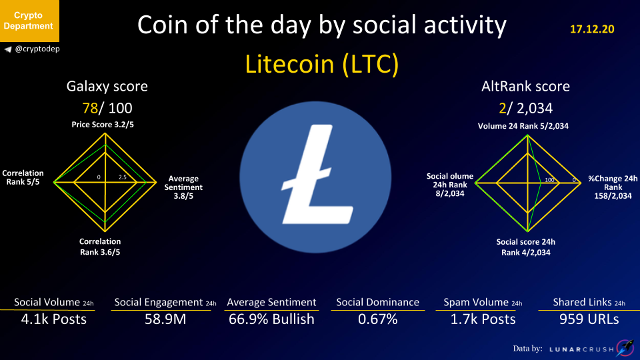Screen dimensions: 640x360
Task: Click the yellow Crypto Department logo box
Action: coord(29,21)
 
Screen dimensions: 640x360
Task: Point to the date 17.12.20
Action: coord(592,29)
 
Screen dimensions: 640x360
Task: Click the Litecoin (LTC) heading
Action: coord(321,64)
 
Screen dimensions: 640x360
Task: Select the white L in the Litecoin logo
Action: coord(317,175)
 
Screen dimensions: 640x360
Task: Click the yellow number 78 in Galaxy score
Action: coord(90,108)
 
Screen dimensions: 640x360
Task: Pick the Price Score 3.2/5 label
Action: coord(103,125)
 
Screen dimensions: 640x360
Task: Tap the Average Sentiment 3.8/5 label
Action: coord(183,187)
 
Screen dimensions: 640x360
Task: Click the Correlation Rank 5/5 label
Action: coord(23,177)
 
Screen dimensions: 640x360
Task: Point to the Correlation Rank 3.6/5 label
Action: coord(100,247)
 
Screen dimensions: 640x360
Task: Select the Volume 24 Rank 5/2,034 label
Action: coord(523,126)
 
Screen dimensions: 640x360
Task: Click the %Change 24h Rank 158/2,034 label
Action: coord(613,187)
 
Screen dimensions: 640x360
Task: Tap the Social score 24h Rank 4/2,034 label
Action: coord(526,247)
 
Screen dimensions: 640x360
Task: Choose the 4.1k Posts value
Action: coord(54,319)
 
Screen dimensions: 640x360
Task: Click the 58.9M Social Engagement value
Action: coord(165,319)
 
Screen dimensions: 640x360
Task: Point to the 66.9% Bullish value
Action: coord(271,319)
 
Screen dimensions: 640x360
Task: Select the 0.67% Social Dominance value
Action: coord(377,319)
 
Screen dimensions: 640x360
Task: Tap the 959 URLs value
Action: coord(589,319)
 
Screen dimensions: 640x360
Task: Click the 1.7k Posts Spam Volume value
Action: coord(483,319)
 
